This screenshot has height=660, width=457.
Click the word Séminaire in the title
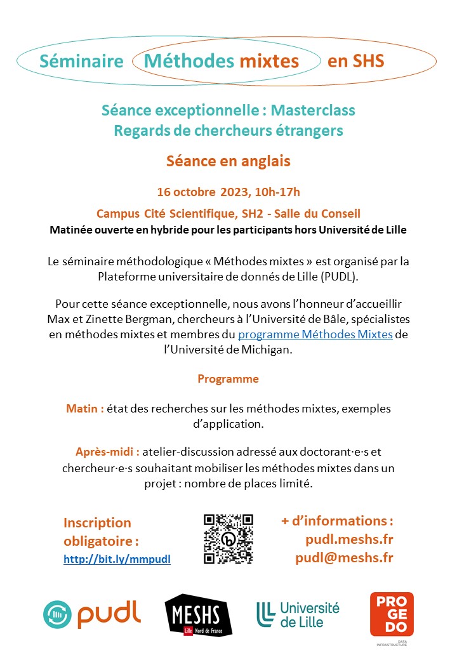click(81, 61)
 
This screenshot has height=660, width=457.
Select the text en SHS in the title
click(355, 61)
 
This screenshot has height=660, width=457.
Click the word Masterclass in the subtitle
click(313, 110)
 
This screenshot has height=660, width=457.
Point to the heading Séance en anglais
click(228, 161)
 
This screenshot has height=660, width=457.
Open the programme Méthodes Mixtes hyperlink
click(315, 334)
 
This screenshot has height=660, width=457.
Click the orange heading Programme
click(228, 379)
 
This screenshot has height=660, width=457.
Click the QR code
click(228, 539)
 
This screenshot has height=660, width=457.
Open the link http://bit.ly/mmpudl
click(117, 559)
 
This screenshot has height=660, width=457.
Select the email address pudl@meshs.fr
click(344, 558)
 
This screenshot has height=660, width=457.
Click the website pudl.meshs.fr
click(349, 539)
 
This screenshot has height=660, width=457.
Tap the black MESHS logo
click(198, 614)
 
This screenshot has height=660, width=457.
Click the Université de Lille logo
click(298, 614)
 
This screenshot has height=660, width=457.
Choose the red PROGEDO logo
click(392, 614)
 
